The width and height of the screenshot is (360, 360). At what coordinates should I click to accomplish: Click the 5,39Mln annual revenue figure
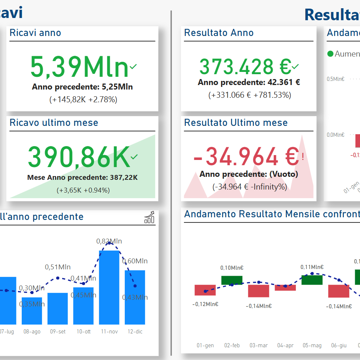(79, 67)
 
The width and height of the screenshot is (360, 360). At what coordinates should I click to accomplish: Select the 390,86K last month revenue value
(79, 157)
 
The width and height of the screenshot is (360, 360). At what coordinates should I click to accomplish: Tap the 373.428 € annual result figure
(245, 67)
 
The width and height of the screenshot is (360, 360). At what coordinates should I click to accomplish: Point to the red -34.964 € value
(246, 157)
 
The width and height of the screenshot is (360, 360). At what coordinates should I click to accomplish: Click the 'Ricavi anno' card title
(35, 33)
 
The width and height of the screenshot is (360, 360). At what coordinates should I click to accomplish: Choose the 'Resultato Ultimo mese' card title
(236, 123)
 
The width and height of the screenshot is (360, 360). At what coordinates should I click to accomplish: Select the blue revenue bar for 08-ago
(32, 311)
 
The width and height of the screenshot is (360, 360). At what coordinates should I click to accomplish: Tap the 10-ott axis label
(84, 332)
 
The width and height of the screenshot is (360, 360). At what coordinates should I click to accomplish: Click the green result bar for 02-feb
(232, 280)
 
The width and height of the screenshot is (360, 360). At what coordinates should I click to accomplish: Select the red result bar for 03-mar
(258, 291)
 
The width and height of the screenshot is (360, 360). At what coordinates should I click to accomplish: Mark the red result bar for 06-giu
(339, 291)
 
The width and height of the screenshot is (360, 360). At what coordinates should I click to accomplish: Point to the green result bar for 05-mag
(312, 280)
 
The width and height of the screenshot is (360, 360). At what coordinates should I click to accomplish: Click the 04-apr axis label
(285, 345)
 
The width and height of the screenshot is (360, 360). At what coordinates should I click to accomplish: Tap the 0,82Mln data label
(109, 241)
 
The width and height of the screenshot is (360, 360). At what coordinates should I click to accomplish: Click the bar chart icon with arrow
(149, 217)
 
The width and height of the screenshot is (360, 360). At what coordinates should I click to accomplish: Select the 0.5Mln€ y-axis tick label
(335, 79)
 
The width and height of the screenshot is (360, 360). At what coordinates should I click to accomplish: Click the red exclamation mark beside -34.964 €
(302, 155)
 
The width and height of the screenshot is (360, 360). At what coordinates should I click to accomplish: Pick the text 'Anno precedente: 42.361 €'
(249, 82)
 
